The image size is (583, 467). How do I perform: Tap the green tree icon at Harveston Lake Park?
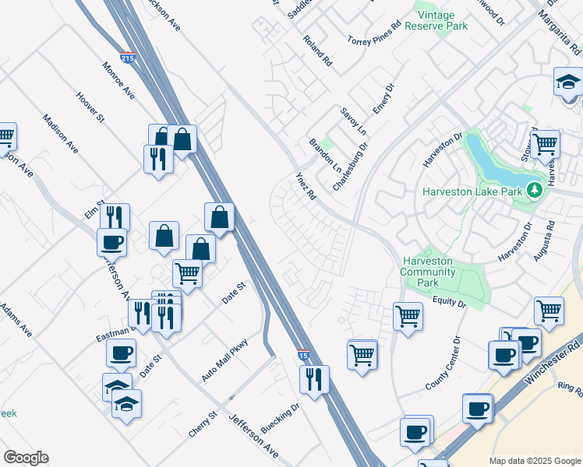click(534, 189)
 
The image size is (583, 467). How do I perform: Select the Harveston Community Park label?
click(428, 272)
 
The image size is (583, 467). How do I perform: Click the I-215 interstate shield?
click(127, 57)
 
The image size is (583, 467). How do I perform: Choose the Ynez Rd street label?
click(304, 187)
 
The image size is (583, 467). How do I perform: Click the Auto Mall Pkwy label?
click(224, 360)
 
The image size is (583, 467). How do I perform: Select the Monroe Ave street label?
click(118, 80)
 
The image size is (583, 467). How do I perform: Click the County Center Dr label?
click(443, 363)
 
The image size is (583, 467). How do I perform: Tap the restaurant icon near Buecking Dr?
click(314, 380)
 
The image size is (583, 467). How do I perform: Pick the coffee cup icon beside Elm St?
click(111, 241)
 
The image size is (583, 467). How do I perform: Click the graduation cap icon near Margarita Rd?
click(568, 82)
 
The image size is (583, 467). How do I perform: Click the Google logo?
click(26, 458)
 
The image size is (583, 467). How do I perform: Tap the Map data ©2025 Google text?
click(535, 461)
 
